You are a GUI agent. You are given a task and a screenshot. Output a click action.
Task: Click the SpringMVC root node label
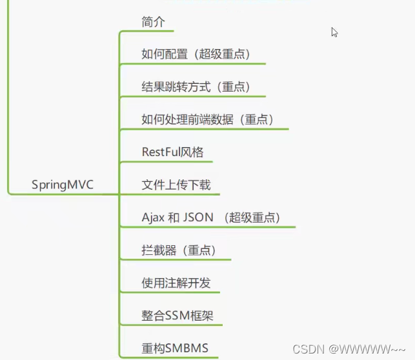point(63,185)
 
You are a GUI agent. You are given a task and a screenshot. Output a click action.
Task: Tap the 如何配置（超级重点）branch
point(196,54)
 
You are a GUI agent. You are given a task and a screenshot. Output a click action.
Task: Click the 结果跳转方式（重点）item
point(196,87)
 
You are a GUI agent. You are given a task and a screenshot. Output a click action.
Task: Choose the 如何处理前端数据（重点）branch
point(207,119)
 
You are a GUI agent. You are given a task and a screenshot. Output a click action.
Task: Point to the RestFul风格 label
point(172,152)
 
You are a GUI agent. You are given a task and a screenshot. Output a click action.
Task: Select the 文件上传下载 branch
point(176,185)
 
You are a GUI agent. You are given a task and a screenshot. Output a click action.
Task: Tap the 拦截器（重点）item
point(178,250)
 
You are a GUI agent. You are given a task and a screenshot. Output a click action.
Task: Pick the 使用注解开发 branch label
point(176,283)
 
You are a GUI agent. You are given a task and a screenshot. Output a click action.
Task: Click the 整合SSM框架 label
point(181,316)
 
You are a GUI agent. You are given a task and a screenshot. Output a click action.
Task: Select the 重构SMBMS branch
point(175,349)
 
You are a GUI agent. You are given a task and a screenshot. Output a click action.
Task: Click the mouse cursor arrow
point(334,32)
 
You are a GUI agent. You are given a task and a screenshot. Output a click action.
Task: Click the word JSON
point(198,217)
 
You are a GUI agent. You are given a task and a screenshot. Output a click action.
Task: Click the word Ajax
point(154,217)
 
